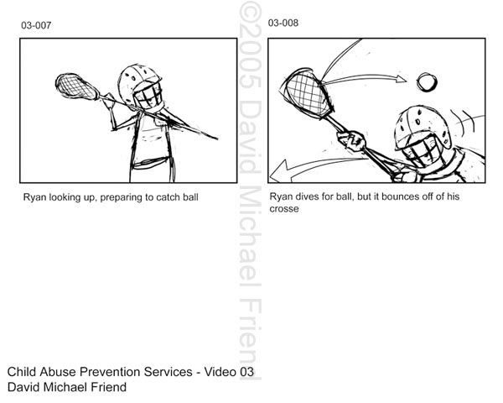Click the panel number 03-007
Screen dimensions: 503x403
36,25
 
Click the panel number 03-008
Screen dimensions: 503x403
283,23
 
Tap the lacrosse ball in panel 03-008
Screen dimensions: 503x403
427,82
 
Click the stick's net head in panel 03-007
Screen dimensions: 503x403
76,86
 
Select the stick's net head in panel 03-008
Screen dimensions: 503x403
308,93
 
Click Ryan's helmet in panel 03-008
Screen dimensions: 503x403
423,128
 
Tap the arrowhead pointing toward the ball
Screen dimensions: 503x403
401,79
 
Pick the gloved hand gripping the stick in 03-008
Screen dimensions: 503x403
351,140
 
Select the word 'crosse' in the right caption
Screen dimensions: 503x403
284,209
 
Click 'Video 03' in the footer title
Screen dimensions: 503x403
229,372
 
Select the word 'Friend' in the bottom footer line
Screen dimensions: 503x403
109,387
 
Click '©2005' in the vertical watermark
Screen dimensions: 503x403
250,45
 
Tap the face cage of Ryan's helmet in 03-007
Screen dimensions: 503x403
148,95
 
